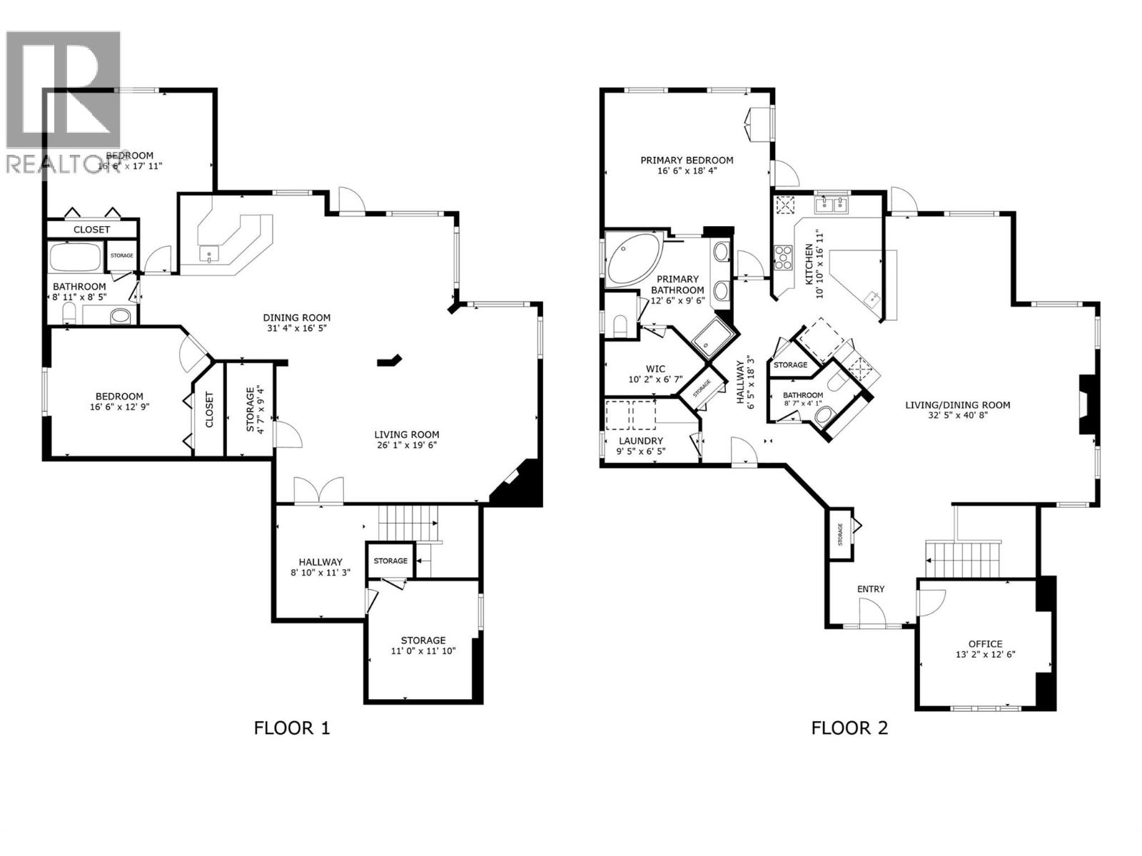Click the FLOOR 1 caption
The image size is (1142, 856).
[292, 728]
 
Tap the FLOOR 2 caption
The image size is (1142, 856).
[849, 728]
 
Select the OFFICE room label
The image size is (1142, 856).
[985, 643]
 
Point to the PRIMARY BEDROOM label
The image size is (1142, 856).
[687, 160]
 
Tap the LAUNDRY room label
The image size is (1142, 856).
[640, 441]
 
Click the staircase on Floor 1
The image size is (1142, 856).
[408, 524]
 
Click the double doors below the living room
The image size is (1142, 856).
[319, 491]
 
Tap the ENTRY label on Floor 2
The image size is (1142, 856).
[870, 588]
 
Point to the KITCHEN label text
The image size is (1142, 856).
[809, 265]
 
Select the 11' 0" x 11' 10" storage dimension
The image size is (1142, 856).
[423, 651]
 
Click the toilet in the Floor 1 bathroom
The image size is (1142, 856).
[70, 312]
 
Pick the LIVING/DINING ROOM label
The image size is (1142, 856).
[957, 405]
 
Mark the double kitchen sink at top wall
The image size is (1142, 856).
[832, 205]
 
